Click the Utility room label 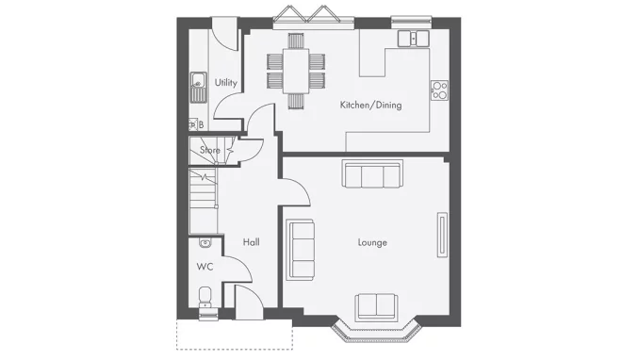click(x=225, y=83)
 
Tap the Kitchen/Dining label click(x=370, y=105)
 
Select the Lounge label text click(x=372, y=243)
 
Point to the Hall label click(x=251, y=243)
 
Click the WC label click(x=205, y=267)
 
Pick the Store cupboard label click(x=209, y=150)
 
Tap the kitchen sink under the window click(x=412, y=39)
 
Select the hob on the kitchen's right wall click(x=439, y=90)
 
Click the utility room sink click(x=198, y=87)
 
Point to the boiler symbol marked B click(x=200, y=124)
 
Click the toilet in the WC click(x=205, y=297)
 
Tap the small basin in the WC click(x=205, y=243)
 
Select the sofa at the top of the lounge click(x=371, y=174)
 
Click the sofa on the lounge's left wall click(x=301, y=249)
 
